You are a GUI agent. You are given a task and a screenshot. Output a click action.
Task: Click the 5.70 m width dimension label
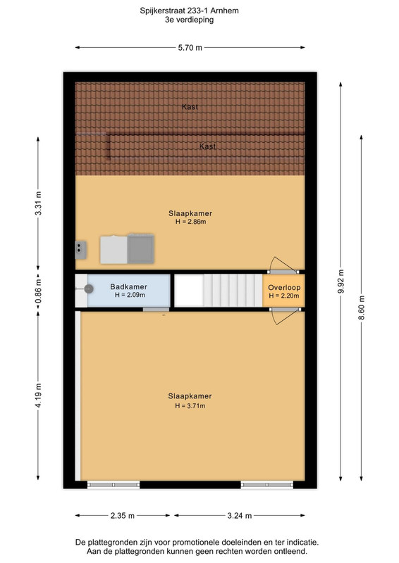pos(190,47)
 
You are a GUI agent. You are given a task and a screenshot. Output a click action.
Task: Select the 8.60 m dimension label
pos(361,308)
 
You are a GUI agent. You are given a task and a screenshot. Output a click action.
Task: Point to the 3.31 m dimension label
pos(38,203)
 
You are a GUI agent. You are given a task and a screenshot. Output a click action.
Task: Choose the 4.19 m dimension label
pos(38,395)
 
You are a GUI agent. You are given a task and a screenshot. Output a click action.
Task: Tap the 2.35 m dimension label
pos(123,516)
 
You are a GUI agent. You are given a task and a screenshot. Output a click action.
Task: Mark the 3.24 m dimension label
pos(239,516)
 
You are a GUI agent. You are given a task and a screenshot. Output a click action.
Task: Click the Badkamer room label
pos(128,286)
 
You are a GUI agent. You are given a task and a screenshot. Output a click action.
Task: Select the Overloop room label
pos(284,287)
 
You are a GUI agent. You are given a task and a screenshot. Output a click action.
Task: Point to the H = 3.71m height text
pos(190,406)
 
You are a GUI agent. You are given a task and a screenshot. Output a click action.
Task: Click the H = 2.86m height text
pos(190,222)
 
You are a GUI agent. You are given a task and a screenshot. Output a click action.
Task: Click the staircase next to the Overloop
pos(219,290)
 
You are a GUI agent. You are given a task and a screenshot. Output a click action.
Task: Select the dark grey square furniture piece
pos(141,248)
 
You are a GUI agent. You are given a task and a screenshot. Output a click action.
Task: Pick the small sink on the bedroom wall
pos(80,250)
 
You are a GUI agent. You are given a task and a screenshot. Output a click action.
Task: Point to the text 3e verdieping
pos(189,20)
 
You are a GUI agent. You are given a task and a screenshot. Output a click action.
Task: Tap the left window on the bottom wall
pos(113,485)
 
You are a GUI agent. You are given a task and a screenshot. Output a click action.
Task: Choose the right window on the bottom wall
pos(267,485)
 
